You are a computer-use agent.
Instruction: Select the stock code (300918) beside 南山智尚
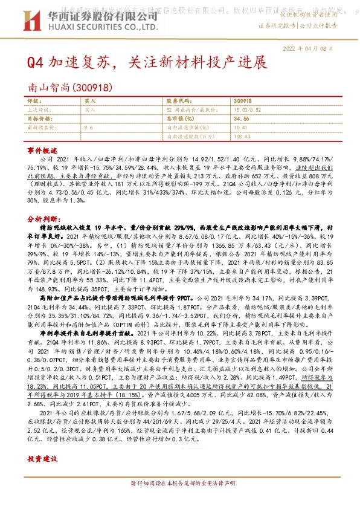(x=92, y=87)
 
